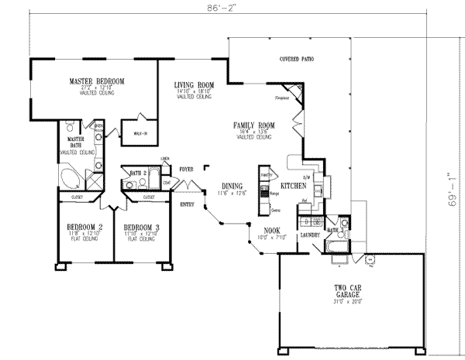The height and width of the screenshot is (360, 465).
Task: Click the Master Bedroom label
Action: point(97,81)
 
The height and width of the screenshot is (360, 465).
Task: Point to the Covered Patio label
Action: point(298,59)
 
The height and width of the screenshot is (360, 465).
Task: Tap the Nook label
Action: point(271,231)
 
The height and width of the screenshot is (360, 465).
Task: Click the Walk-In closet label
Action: point(141,133)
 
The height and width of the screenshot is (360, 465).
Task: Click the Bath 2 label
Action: point(139,173)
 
